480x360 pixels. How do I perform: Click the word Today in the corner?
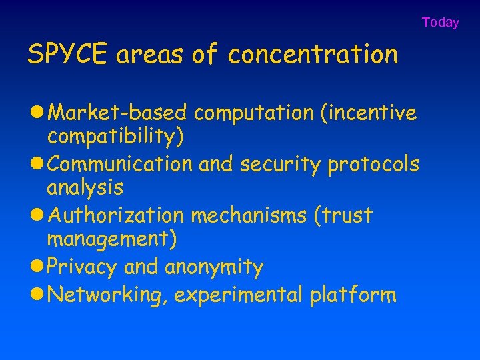click(x=440, y=23)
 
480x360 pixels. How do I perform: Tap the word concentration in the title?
click(x=313, y=55)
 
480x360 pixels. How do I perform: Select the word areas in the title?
click(x=150, y=55)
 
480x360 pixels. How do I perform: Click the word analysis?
click(x=85, y=187)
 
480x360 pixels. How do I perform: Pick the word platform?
click(x=353, y=294)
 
